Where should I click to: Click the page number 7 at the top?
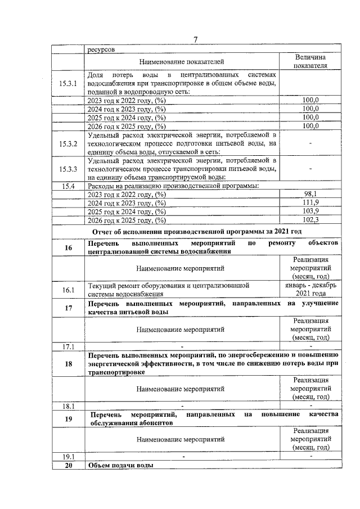(195, 39)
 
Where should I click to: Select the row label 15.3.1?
(68, 83)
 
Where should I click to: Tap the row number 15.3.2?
(68, 143)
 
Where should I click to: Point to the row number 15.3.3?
(68, 168)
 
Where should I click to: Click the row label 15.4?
(68, 186)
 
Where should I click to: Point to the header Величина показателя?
(310, 61)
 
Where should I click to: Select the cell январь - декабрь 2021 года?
(310, 289)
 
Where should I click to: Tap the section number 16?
(68, 247)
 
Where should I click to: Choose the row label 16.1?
(68, 289)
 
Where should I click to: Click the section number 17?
(68, 307)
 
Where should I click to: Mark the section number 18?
(68, 363)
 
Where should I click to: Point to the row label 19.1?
(68, 456)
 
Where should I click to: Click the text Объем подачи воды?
(120, 465)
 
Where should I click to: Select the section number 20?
(68, 465)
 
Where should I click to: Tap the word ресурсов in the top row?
(101, 49)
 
